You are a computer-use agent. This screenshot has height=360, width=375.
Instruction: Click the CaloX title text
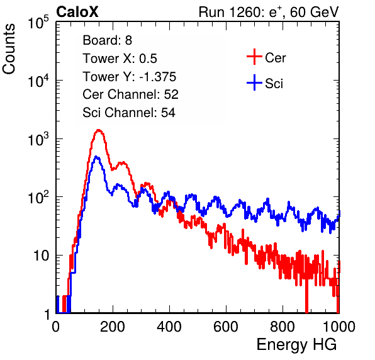[x=77, y=12]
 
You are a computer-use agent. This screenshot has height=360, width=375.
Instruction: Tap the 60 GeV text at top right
[x=315, y=12]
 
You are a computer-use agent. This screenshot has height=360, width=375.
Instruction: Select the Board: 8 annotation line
[x=108, y=40]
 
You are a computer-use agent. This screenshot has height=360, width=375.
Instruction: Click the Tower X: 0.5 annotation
[x=120, y=59]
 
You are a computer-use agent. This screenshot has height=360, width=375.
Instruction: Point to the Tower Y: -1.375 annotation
[x=130, y=77]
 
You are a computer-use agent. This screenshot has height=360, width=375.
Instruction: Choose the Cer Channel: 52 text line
[x=131, y=94]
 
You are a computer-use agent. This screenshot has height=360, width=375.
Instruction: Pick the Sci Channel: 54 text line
[x=129, y=113]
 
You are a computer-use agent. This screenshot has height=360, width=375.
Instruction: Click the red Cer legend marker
[x=254, y=57]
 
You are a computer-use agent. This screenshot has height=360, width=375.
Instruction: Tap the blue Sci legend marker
[x=254, y=83]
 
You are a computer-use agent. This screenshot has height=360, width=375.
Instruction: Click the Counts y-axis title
[x=9, y=49]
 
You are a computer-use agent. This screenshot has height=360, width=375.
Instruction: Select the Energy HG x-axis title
[x=296, y=345]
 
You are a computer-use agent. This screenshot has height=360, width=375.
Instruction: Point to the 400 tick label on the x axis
[x=169, y=327]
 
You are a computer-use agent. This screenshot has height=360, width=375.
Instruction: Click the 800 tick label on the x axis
[x=283, y=327]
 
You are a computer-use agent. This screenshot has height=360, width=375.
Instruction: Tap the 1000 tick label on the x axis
[x=339, y=327]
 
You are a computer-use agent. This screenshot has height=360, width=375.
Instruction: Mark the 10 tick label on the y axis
[x=42, y=256]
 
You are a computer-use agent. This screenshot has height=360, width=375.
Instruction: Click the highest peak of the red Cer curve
[x=99, y=130]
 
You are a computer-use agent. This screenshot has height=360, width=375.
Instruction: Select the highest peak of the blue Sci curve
[x=96, y=157]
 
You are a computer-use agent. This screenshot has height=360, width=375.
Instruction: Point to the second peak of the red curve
[x=123, y=163]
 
